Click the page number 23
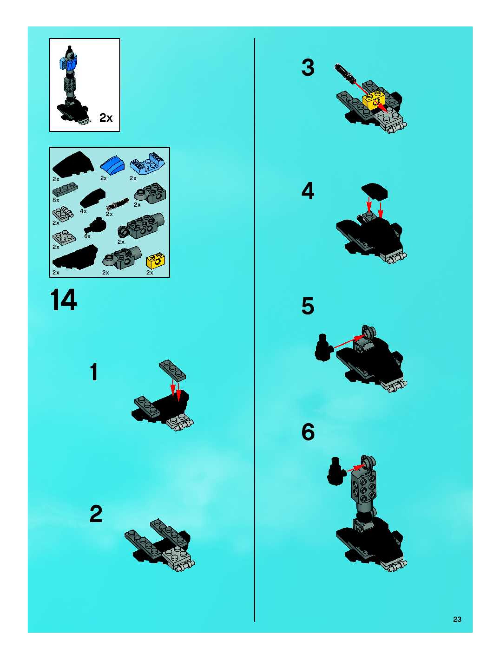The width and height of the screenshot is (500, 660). (x=457, y=617)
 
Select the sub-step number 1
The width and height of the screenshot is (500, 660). (x=94, y=372)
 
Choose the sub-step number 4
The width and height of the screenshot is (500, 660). (x=308, y=191)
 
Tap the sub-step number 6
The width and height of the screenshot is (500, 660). (x=308, y=432)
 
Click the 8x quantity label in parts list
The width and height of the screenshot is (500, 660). (x=56, y=200)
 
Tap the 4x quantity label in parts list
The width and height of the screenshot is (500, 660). (x=83, y=211)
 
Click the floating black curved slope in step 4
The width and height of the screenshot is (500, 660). (x=375, y=191)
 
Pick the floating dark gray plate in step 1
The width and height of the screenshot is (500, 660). (x=173, y=370)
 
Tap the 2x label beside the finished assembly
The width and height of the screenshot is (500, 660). (x=106, y=118)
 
